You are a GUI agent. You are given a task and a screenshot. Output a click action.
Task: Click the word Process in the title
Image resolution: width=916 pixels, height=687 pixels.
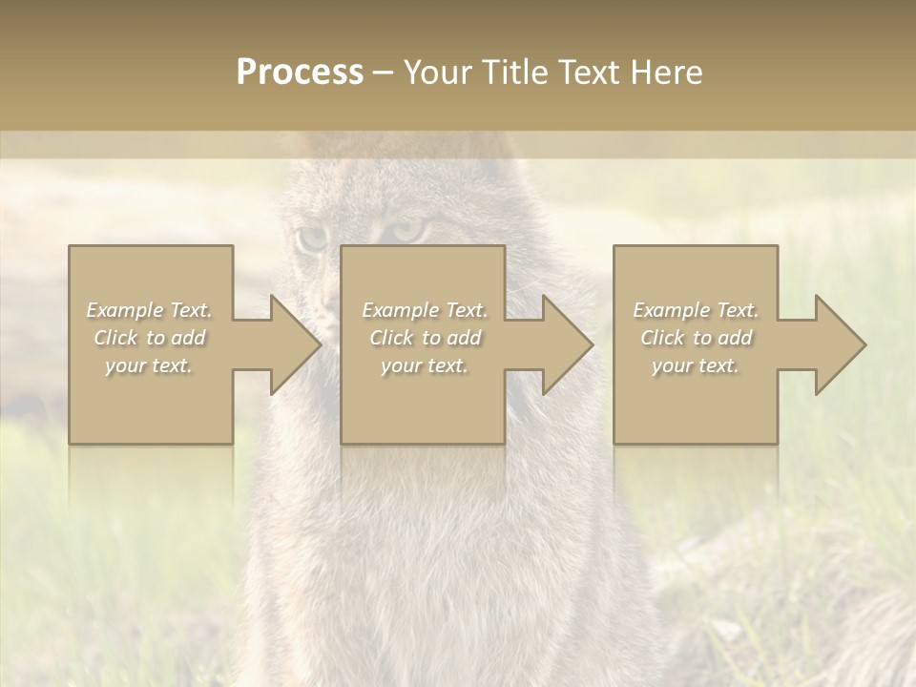pyautogui.click(x=300, y=73)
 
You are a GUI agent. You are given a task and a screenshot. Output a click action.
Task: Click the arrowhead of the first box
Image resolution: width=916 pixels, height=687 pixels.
pyautogui.click(x=295, y=344)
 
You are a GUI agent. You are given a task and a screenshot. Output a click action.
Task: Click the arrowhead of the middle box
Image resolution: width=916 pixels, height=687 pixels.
pyautogui.click(x=568, y=344)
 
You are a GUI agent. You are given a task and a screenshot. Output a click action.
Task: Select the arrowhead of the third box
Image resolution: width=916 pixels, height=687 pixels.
pyautogui.click(x=841, y=344)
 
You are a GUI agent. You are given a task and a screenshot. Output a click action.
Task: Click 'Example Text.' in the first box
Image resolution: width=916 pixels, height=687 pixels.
pyautogui.click(x=150, y=310)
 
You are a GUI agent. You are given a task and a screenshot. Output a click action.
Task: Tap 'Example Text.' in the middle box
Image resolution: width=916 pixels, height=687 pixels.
pyautogui.click(x=425, y=310)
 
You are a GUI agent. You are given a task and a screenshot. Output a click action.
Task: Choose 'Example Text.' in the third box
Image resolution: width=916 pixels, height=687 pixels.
pyautogui.click(x=696, y=310)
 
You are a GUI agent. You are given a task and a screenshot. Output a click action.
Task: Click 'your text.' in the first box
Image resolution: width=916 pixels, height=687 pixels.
pyautogui.click(x=150, y=365)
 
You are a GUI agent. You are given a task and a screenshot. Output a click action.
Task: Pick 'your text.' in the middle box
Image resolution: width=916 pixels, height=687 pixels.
pyautogui.click(x=425, y=365)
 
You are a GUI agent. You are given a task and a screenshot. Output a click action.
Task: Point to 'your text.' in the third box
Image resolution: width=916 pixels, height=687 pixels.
pyautogui.click(x=696, y=365)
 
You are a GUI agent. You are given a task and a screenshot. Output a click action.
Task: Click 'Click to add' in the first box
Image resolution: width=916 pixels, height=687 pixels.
pyautogui.click(x=150, y=338)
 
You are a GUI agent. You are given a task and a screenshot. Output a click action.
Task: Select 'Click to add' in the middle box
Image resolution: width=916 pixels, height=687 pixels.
pyautogui.click(x=425, y=338)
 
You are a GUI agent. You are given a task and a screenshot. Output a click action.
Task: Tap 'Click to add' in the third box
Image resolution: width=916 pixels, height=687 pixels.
pyautogui.click(x=696, y=338)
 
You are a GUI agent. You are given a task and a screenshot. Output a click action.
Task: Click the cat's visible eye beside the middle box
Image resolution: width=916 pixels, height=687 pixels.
pyautogui.click(x=405, y=232)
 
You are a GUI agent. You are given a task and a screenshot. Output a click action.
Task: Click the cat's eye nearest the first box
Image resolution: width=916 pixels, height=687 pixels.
pyautogui.click(x=311, y=238)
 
